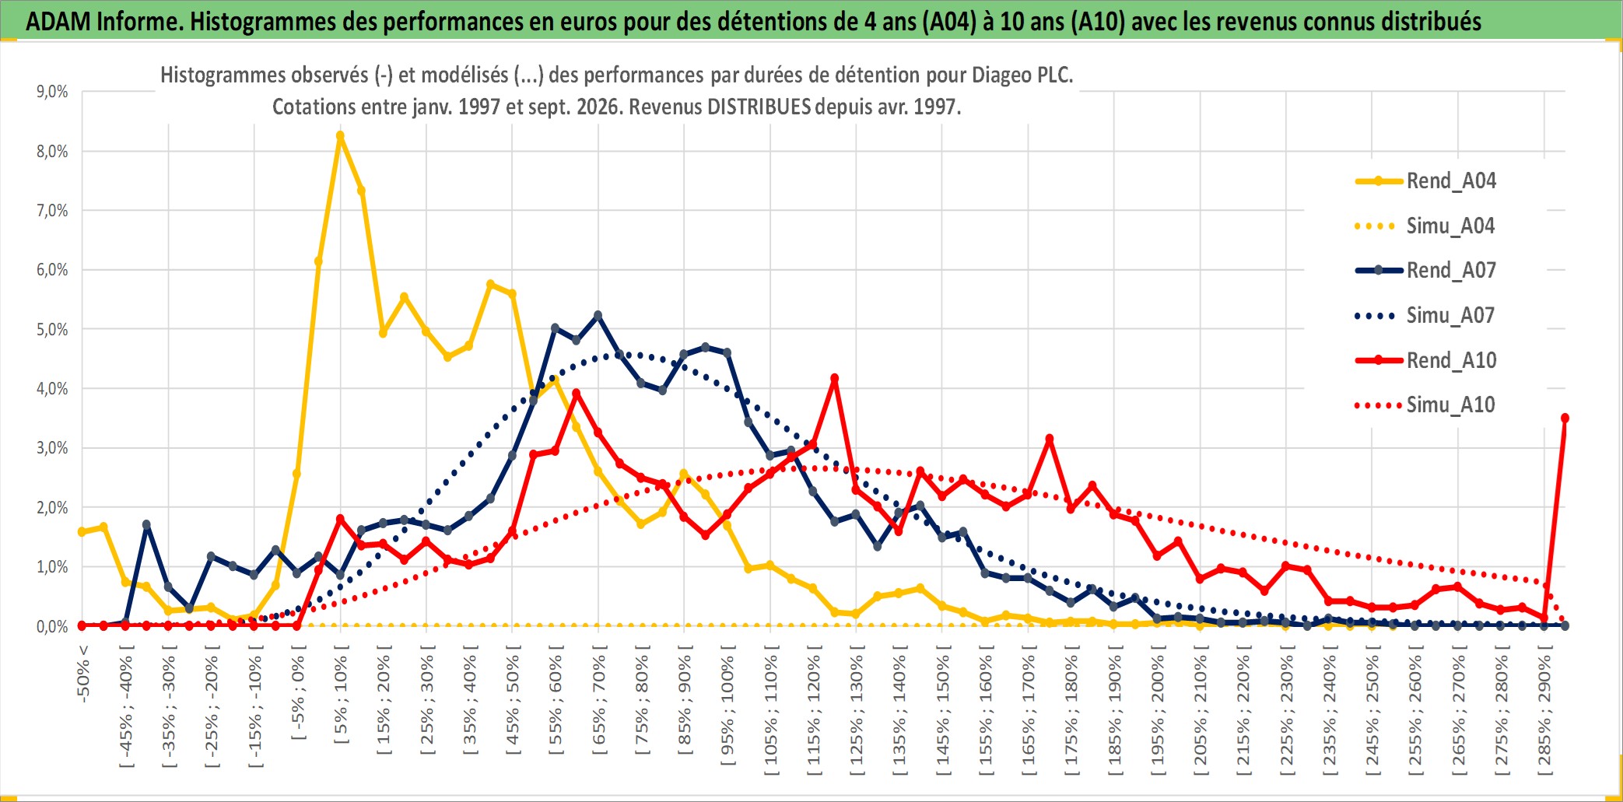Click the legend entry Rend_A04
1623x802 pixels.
click(1425, 181)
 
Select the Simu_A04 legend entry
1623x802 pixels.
click(1425, 226)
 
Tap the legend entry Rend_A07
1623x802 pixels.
click(1425, 271)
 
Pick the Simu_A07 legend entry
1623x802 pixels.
click(1425, 316)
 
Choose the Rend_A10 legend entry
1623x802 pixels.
click(1425, 360)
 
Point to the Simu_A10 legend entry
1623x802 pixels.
click(1425, 405)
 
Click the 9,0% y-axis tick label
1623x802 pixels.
click(52, 92)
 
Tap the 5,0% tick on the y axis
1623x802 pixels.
click(52, 329)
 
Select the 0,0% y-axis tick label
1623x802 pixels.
click(52, 626)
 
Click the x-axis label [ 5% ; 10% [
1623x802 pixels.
click(341, 699)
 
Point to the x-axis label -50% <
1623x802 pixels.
click(83, 674)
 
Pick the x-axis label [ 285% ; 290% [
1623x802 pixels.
click(1545, 715)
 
